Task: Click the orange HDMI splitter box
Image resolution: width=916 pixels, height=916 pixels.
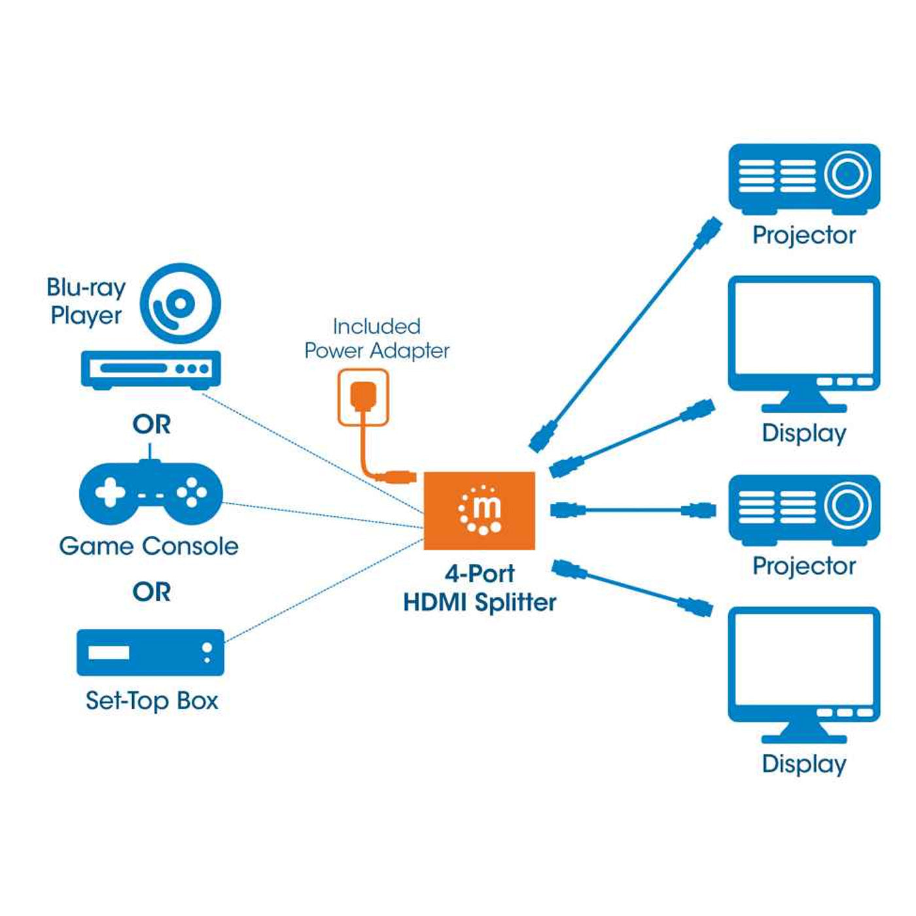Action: (x=479, y=510)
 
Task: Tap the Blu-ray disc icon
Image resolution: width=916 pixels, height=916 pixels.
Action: (x=181, y=303)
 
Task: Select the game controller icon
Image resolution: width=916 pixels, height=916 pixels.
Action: (x=151, y=493)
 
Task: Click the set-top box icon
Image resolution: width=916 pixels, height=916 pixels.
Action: (x=150, y=652)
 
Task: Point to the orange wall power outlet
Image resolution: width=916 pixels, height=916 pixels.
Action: (x=363, y=397)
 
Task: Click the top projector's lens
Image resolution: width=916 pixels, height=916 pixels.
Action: (x=847, y=175)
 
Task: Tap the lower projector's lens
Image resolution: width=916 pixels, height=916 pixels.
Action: (x=847, y=505)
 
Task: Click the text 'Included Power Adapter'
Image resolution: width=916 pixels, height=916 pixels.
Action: (x=377, y=338)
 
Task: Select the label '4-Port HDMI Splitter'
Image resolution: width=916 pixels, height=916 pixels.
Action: (x=480, y=588)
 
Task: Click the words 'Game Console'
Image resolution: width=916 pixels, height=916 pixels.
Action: (x=149, y=546)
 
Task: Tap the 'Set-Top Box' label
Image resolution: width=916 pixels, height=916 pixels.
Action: (x=152, y=701)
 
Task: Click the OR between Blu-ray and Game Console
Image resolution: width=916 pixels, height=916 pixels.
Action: (x=151, y=425)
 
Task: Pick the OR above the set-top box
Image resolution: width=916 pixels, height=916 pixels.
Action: (x=151, y=592)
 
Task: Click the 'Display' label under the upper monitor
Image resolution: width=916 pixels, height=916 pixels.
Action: (x=803, y=433)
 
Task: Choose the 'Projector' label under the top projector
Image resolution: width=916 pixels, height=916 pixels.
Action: (x=803, y=235)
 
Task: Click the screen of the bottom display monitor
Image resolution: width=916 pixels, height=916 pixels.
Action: (x=803, y=661)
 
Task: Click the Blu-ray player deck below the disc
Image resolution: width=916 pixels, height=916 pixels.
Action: (x=150, y=369)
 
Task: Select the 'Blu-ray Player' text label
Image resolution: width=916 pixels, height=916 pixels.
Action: (x=86, y=301)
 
